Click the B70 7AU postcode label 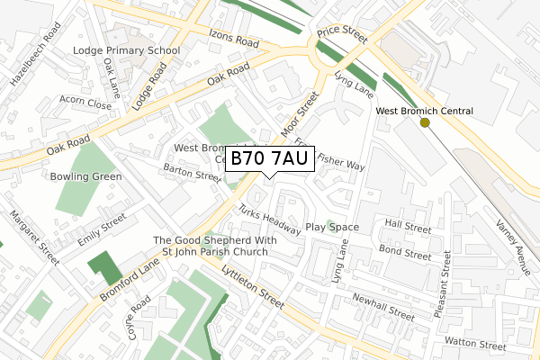point(269,159)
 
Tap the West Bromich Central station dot point(425,122)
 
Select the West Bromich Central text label point(424,112)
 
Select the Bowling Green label point(86,176)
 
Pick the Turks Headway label point(269,220)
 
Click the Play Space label point(332,228)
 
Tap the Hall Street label point(408,223)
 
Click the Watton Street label point(476,344)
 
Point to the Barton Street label point(191,173)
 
